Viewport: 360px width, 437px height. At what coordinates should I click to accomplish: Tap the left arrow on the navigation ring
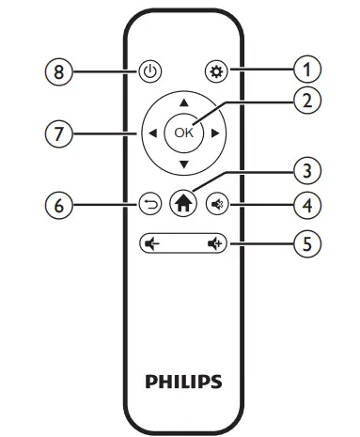point(150,133)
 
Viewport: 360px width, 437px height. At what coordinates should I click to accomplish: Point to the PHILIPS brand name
point(183,382)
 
